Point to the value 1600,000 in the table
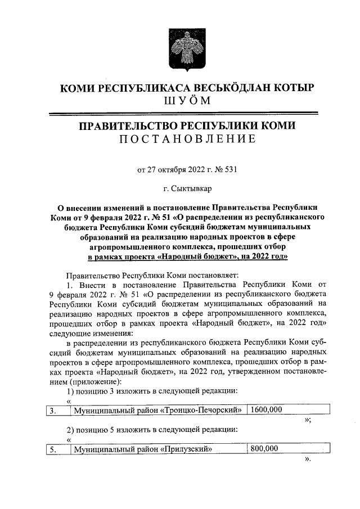pyautogui.click(x=267, y=410)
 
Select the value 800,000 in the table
pyautogui.click(x=264, y=449)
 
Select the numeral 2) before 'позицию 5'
pyautogui.click(x=71, y=429)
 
